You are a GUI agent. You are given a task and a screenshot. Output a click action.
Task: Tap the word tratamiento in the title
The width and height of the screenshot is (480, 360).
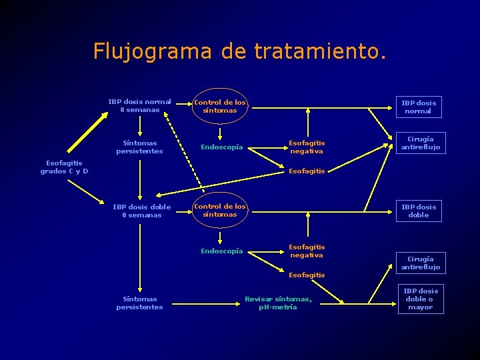(x=319, y=51)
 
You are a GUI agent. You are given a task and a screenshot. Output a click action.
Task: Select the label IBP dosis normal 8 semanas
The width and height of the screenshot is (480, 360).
(x=139, y=105)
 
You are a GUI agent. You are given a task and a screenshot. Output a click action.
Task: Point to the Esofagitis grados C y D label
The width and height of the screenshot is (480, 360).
(x=64, y=167)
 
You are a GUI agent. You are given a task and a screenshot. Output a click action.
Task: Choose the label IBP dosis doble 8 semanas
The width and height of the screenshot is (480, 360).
(x=141, y=211)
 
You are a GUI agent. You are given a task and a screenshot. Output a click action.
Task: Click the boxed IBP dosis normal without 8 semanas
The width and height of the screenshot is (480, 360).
(x=418, y=107)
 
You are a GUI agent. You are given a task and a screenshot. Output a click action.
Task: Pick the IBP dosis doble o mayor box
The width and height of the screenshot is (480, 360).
(x=420, y=299)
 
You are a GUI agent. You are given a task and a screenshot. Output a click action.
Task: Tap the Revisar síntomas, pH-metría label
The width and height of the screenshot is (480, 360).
(x=278, y=303)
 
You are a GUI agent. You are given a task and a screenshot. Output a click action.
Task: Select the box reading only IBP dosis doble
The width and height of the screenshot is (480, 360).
(x=418, y=211)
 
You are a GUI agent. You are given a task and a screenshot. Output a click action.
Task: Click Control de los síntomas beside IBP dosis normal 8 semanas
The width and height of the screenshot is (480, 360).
(x=219, y=106)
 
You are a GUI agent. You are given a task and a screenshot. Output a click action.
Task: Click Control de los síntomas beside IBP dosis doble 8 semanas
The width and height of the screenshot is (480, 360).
(x=219, y=210)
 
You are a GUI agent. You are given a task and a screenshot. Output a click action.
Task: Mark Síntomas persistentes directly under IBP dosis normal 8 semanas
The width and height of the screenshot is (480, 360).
(x=139, y=147)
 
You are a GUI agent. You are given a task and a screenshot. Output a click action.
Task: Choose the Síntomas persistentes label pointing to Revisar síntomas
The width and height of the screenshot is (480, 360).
(x=139, y=303)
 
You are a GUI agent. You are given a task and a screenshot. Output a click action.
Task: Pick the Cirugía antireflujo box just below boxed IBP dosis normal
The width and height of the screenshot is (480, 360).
(x=419, y=143)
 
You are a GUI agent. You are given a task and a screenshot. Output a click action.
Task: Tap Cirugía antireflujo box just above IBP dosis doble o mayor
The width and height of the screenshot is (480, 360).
(x=420, y=263)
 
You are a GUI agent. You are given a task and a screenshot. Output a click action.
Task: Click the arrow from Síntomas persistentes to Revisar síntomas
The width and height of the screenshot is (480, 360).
(x=203, y=303)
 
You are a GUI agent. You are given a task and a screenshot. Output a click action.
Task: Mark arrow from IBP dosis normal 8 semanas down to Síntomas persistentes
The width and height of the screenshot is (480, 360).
(x=140, y=125)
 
